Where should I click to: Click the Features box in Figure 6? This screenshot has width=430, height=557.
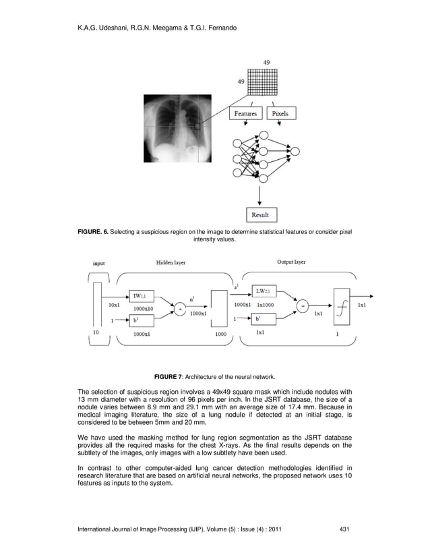pos(245,114)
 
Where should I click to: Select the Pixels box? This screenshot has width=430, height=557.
pos(280,114)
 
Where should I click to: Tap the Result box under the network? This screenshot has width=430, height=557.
pos(260,215)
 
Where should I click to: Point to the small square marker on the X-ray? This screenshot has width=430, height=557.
pos(197,125)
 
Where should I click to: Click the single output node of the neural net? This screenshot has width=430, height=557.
pos(294,150)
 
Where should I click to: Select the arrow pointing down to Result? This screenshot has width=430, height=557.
pos(260,196)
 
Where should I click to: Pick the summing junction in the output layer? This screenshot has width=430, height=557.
pos(303,305)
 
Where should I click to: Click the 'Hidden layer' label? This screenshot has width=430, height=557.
pos(171,262)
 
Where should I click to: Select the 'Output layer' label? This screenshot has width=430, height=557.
pos(291,262)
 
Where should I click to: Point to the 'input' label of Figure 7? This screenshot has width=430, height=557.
pos(98,264)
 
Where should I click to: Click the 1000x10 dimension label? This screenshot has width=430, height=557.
pos(144,307)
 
